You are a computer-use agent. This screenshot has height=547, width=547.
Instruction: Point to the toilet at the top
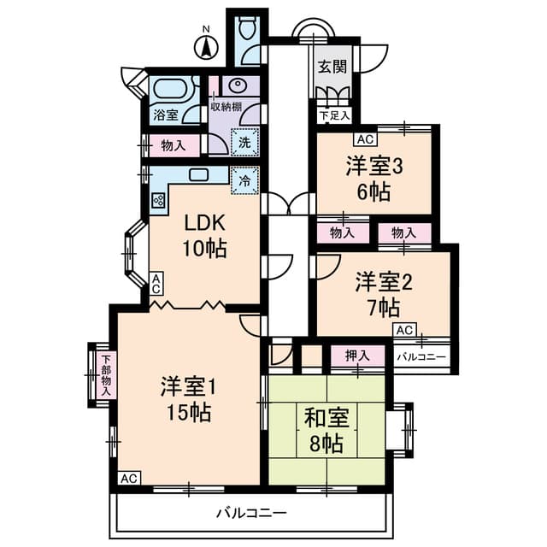(x=248, y=30)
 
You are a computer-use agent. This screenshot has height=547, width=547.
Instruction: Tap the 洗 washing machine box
(x=245, y=142)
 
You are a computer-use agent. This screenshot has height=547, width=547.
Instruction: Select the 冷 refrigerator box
(x=244, y=181)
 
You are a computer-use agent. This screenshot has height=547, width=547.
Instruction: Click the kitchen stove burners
(x=159, y=201)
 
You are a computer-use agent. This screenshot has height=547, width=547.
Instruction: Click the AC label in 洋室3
(x=365, y=139)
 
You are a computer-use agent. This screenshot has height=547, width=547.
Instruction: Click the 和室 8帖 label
(x=324, y=432)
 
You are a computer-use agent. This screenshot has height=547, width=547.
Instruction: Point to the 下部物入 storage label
(x=105, y=374)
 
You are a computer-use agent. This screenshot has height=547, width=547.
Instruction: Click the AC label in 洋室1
(x=129, y=478)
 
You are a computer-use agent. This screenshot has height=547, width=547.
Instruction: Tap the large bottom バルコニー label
(x=251, y=513)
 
